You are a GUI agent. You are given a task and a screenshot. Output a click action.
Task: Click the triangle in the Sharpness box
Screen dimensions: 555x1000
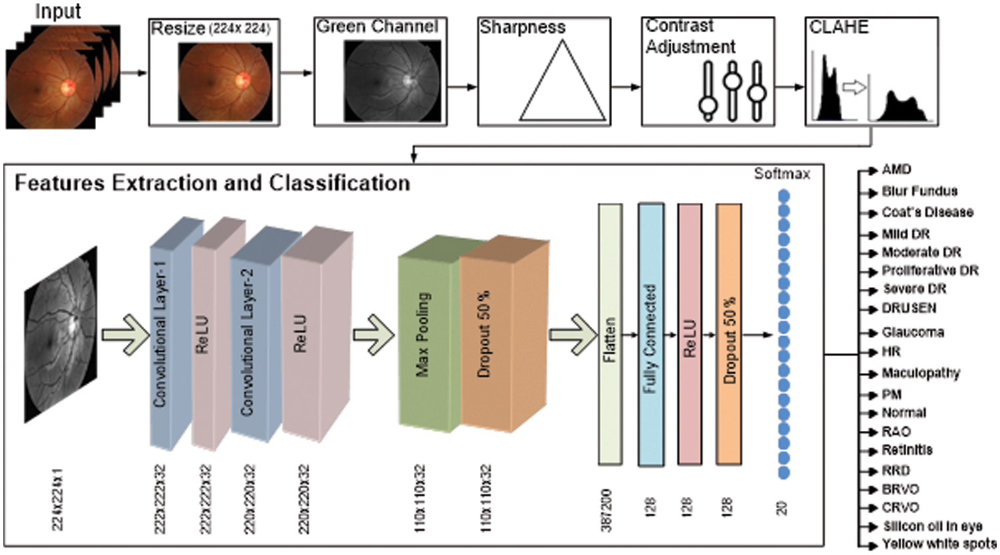(x=562, y=87)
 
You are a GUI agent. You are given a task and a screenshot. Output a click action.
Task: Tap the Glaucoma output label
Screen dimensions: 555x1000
(x=913, y=332)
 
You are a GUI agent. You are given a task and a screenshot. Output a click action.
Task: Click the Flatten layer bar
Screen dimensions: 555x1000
(x=609, y=334)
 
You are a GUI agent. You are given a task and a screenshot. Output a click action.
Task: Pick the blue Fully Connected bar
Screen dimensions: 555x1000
(x=651, y=334)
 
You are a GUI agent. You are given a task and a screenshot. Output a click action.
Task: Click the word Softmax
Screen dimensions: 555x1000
(x=781, y=174)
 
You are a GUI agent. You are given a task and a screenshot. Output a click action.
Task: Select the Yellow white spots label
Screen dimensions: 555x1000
(x=939, y=544)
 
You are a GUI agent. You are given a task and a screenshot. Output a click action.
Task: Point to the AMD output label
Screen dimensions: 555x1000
(x=896, y=170)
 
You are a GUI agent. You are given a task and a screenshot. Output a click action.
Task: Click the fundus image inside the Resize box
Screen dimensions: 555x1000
(x=225, y=81)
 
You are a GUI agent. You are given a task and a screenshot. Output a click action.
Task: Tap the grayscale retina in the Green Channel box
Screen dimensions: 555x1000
(x=392, y=81)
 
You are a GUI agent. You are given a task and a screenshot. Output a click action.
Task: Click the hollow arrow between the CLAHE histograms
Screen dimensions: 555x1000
(x=854, y=87)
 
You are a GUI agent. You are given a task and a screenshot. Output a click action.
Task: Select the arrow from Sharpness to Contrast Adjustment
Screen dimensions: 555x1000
(x=625, y=87)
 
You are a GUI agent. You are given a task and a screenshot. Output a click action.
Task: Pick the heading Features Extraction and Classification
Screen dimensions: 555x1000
(x=212, y=183)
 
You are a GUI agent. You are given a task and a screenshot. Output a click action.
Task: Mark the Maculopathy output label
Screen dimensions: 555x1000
(x=921, y=374)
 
